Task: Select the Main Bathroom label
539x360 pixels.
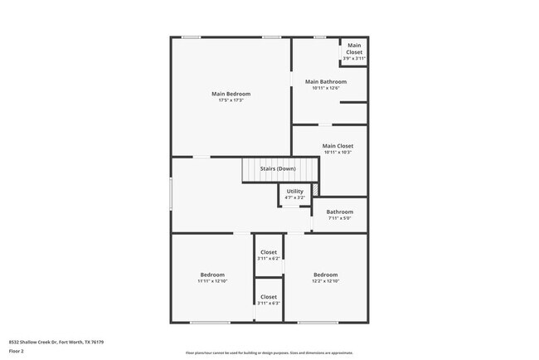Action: coord(326,81)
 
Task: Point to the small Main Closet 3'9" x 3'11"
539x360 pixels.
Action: coord(354,51)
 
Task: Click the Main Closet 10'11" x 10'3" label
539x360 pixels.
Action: coord(337,146)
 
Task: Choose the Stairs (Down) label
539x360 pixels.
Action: coord(278,168)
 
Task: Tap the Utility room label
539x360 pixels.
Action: coord(294,192)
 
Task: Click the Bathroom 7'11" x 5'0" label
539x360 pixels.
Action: coord(339,212)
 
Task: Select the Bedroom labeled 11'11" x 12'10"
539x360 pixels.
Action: coord(212,275)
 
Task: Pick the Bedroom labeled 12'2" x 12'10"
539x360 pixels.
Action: coord(325,275)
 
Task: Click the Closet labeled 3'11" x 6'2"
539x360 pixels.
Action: coord(269,252)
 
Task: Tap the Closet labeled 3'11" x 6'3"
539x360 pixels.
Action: coord(269,297)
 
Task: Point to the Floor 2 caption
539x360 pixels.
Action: coord(17,351)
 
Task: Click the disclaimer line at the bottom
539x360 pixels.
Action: coord(269,353)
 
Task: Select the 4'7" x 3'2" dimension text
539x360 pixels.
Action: coord(294,198)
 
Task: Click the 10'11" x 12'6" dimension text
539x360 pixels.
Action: coord(326,88)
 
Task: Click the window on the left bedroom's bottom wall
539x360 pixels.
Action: coord(210,323)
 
